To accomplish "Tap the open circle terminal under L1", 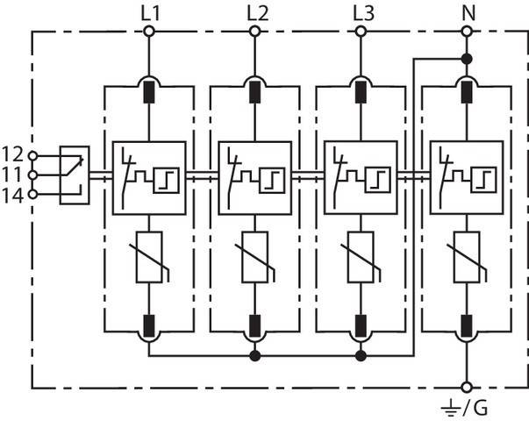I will click(x=149, y=32).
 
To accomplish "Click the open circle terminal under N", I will click(x=466, y=32).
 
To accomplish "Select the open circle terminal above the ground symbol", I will click(x=466, y=386).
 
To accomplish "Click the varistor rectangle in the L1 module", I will click(x=149, y=256).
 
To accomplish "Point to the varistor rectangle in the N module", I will click(x=466, y=256).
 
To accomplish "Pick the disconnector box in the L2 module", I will click(x=254, y=177).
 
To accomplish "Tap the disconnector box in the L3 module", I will click(x=361, y=177).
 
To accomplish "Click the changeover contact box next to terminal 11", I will click(x=74, y=175).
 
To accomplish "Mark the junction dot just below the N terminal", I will click(x=466, y=58).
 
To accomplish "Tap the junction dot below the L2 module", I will click(x=255, y=356).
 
